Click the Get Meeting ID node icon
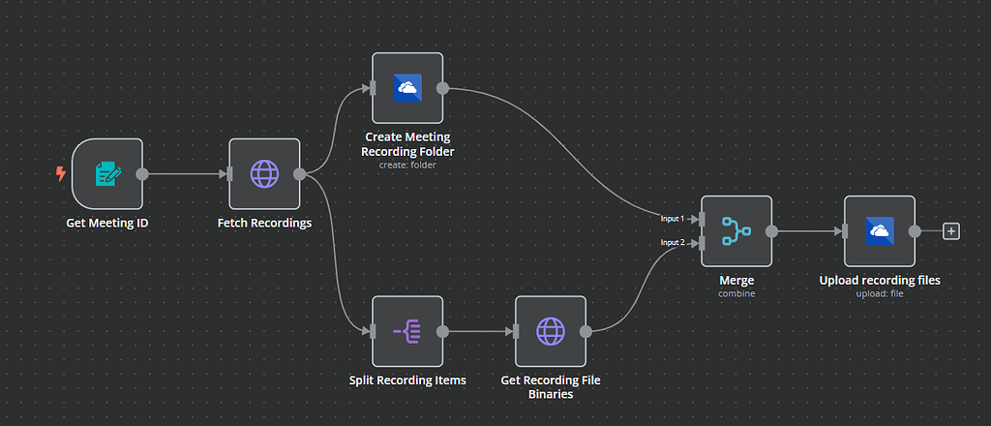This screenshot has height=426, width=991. (106, 174)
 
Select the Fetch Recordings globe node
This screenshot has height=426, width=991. (263, 174)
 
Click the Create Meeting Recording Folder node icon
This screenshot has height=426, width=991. (406, 88)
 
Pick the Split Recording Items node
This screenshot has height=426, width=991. (406, 332)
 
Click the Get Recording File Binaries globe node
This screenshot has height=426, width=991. (550, 332)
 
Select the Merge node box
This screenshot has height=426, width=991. (736, 231)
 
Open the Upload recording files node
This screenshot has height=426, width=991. (879, 231)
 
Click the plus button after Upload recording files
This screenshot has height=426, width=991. (951, 231)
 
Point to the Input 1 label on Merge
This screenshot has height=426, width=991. (673, 219)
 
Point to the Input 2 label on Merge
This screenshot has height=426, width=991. (673, 242)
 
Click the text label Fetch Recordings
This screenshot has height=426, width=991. (264, 223)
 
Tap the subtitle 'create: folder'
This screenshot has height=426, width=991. (406, 165)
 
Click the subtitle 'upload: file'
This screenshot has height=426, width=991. (879, 293)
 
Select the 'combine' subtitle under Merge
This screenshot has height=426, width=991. (736, 292)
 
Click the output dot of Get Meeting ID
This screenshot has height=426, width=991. (142, 174)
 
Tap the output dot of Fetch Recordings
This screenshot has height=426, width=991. (300, 174)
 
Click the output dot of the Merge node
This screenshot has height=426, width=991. (771, 231)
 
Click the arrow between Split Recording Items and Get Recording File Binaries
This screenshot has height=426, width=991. (479, 332)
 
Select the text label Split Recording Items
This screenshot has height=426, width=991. (406, 380)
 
